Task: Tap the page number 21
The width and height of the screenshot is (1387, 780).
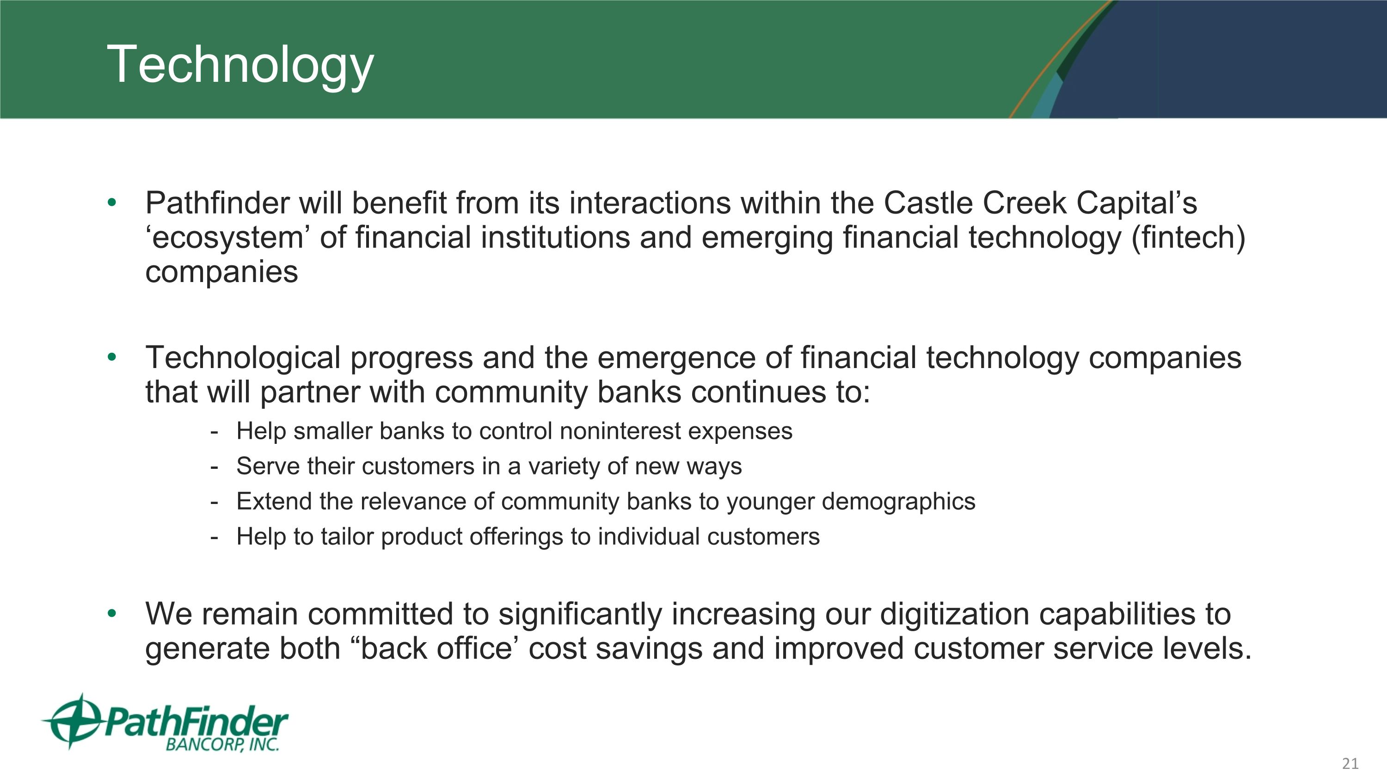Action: click(1350, 763)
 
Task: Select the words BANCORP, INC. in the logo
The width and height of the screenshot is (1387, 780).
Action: click(222, 744)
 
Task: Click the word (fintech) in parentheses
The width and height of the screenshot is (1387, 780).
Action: click(1188, 238)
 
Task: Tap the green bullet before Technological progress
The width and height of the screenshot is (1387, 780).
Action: click(112, 357)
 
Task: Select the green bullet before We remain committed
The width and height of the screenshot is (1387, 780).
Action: click(112, 614)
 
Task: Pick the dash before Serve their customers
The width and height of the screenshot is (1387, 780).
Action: click(215, 467)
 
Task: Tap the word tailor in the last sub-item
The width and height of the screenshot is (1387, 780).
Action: click(347, 537)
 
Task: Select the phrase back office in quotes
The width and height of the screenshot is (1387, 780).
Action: click(436, 648)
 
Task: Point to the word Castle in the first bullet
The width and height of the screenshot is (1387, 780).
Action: click(928, 203)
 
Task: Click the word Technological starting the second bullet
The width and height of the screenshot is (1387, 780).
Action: click(243, 358)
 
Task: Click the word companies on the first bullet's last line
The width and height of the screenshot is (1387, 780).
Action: click(221, 272)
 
